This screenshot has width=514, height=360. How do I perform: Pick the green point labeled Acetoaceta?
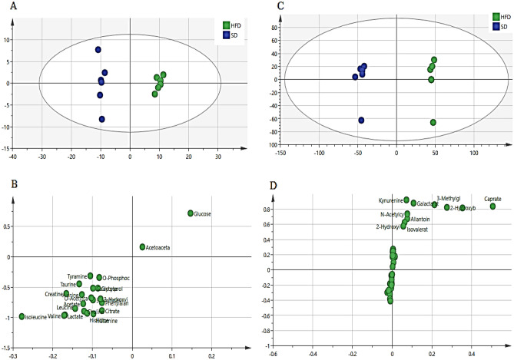[x=142, y=247]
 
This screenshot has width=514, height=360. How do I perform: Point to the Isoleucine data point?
[x=22, y=316]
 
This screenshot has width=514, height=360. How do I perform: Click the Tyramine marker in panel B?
[x=90, y=276]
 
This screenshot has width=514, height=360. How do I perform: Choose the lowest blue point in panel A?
[x=101, y=119]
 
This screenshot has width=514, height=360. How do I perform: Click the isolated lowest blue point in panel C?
[x=361, y=120]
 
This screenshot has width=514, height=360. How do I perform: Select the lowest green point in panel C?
[x=433, y=122]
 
